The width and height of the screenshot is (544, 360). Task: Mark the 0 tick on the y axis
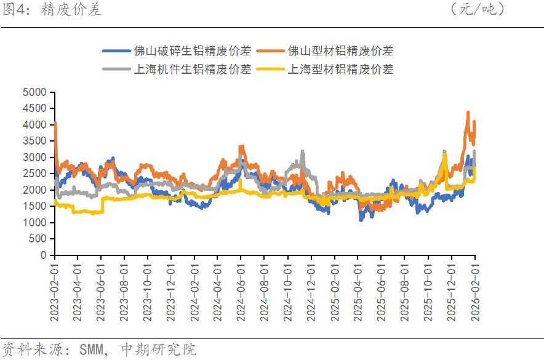coord(43,255)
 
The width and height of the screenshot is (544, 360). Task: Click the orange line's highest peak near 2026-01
coord(468,113)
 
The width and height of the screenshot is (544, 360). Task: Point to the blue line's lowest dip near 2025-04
coord(361,219)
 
